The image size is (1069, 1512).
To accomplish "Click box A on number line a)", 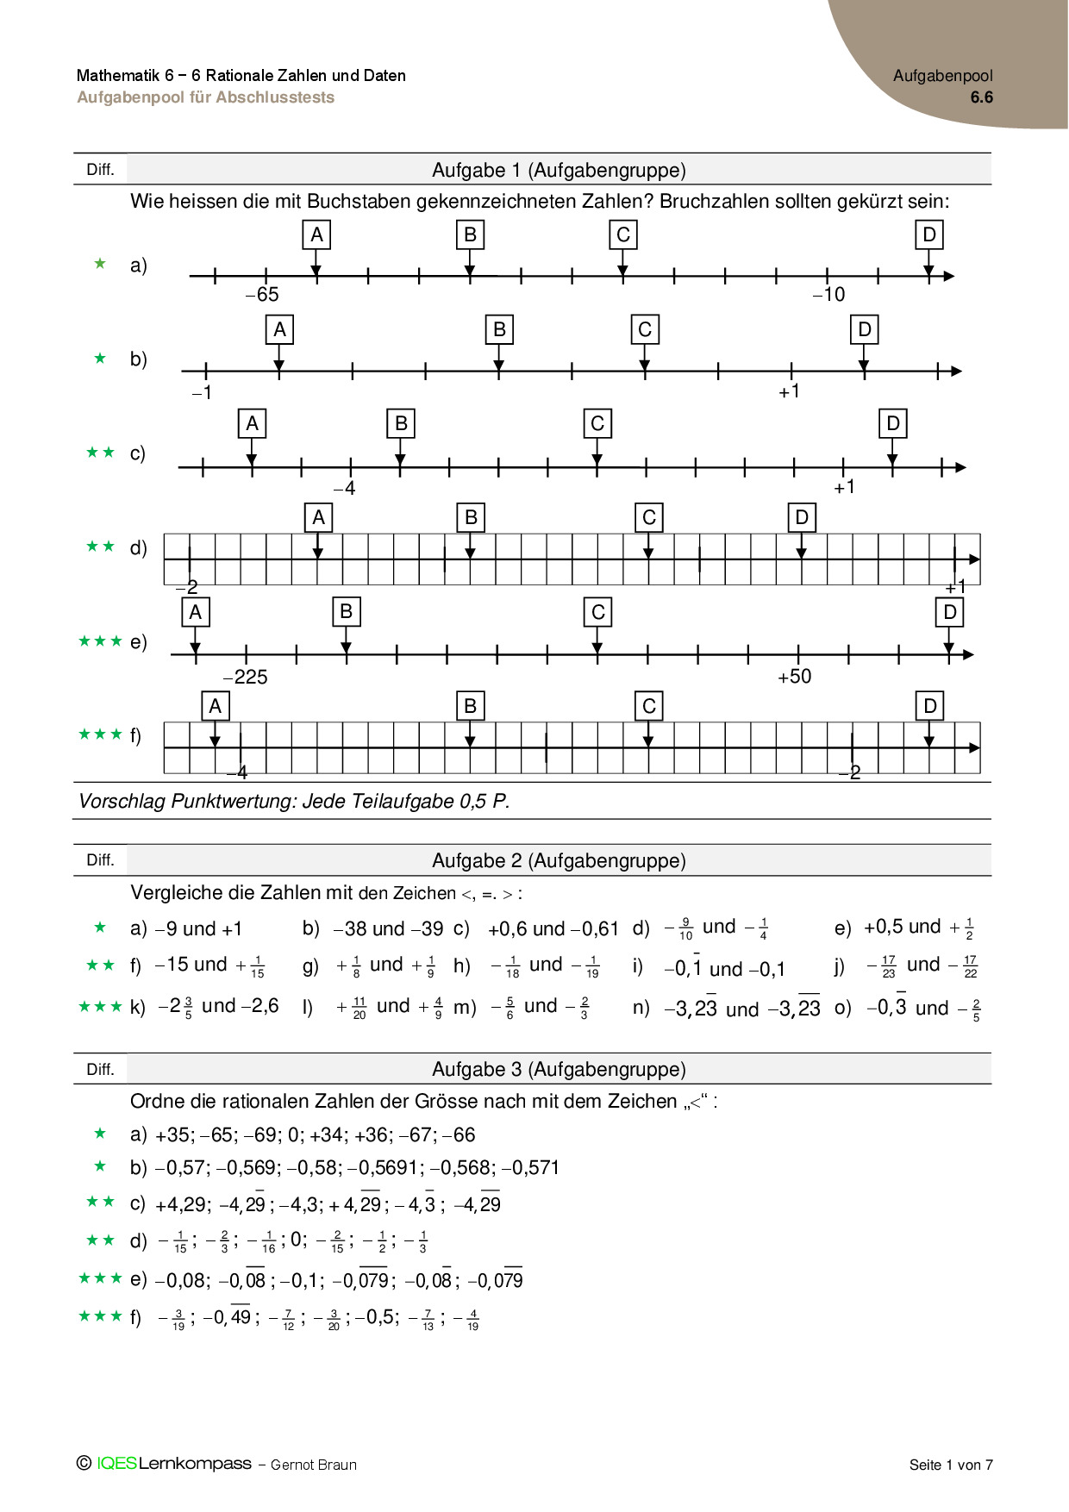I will tap(316, 234).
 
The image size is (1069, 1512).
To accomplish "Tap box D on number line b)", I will tap(865, 329).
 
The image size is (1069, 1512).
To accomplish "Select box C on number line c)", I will tap(597, 424).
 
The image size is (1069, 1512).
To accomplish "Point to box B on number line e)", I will tap(346, 612).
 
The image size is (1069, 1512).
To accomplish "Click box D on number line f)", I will tap(929, 707).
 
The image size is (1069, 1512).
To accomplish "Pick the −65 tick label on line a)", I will tap(262, 295).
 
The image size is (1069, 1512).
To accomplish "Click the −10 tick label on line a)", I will tap(828, 295).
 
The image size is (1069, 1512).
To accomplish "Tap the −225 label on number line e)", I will tap(246, 678).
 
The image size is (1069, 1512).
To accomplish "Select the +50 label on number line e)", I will tap(795, 677).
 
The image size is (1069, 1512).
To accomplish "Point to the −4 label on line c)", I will tap(344, 489).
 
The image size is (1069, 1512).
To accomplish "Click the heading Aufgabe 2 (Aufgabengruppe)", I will tap(559, 860).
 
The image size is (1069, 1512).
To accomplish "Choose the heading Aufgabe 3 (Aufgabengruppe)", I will tap(559, 1069).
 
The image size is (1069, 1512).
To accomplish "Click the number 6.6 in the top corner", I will tap(981, 97).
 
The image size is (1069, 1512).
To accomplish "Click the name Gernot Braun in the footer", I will tap(314, 1465).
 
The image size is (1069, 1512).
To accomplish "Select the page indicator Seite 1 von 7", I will tap(951, 1465).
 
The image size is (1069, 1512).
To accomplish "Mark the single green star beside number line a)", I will tap(100, 264).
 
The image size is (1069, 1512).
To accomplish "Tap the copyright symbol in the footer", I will tap(84, 1463).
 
